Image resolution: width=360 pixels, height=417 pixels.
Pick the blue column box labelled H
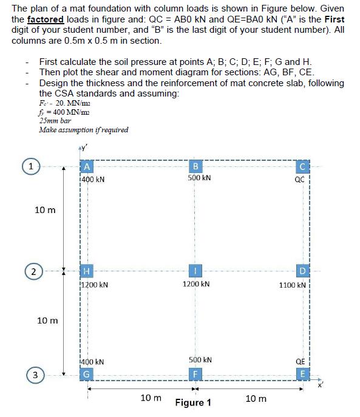(87, 270)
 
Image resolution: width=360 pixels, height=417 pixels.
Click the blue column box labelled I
(195, 270)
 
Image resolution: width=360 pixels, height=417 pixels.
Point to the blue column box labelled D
(302, 270)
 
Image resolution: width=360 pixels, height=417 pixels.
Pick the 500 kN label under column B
(199, 178)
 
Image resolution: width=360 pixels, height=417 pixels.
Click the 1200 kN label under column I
(198, 283)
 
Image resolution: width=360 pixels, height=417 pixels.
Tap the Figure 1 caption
(193, 403)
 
